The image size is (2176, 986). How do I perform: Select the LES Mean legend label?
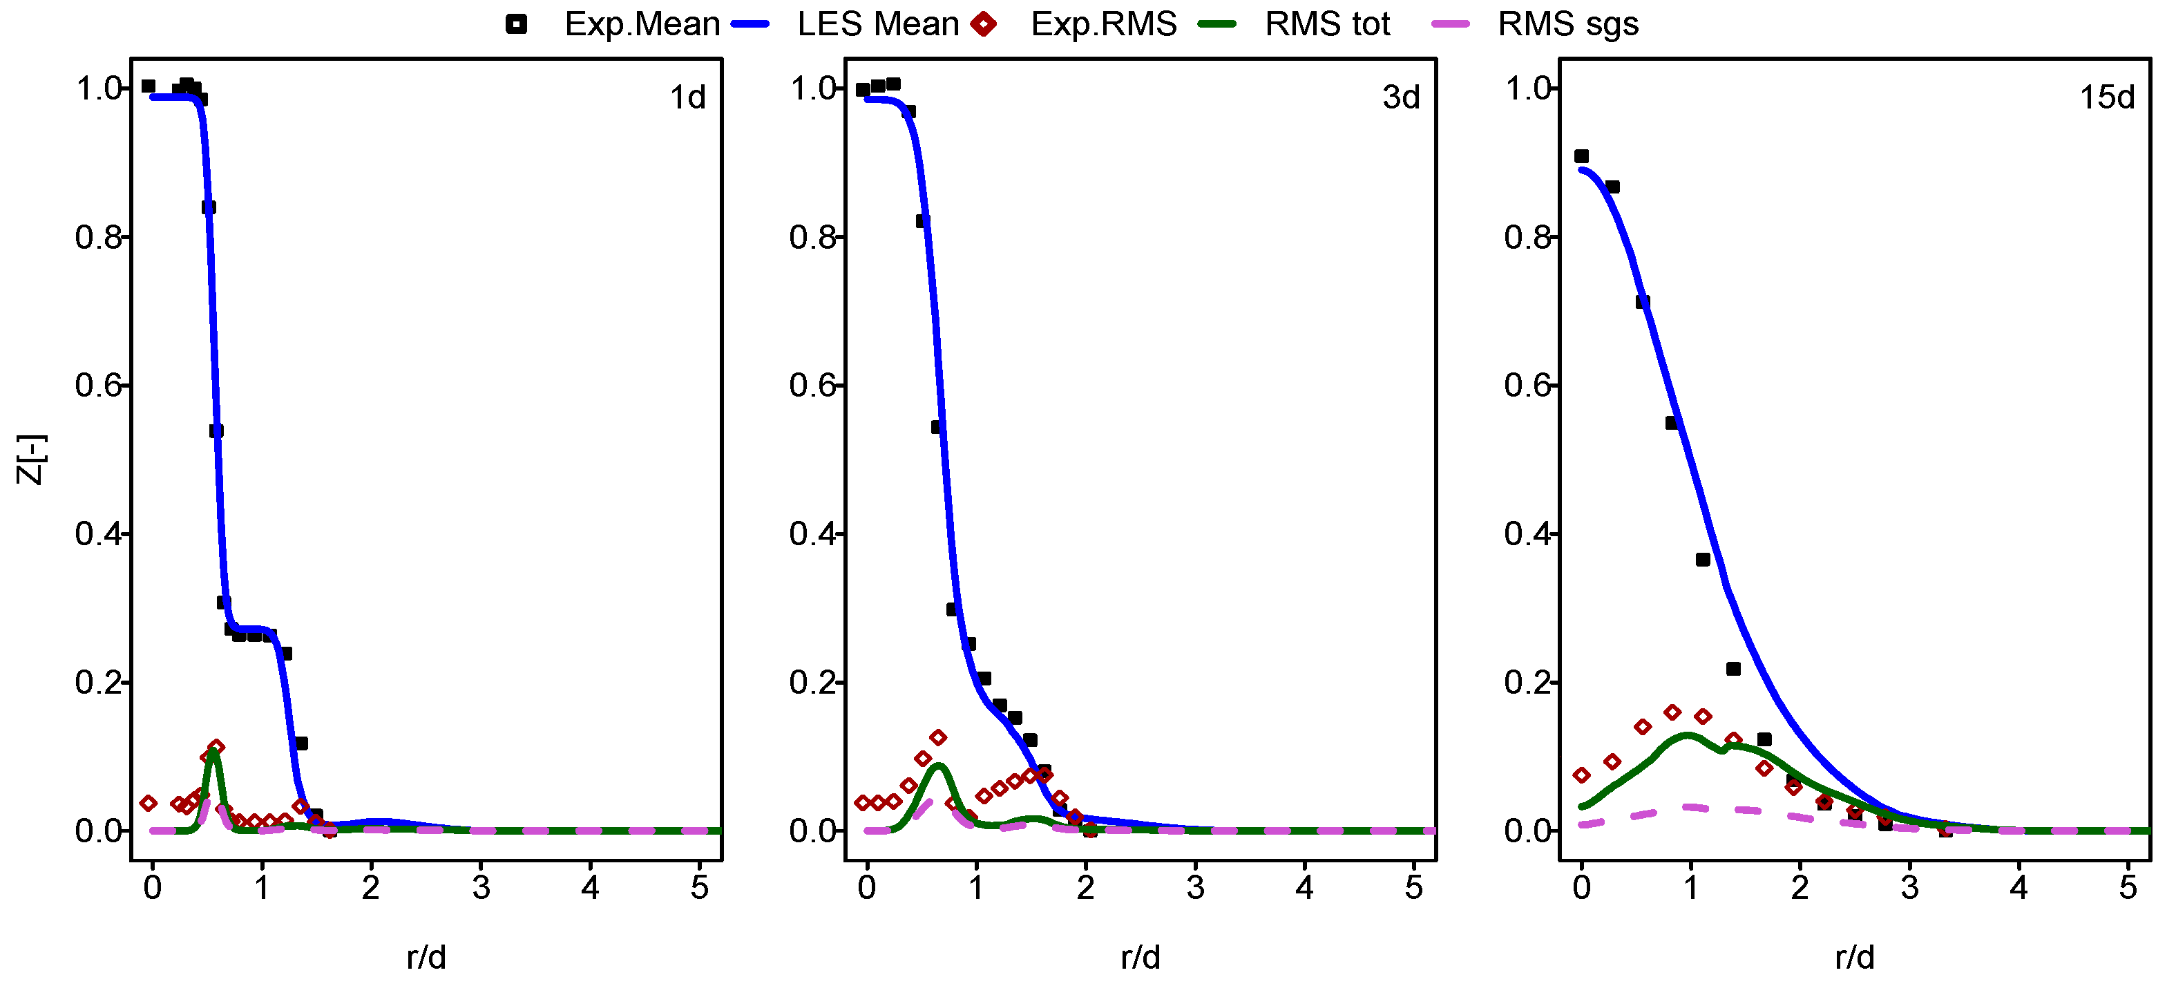pyautogui.click(x=878, y=24)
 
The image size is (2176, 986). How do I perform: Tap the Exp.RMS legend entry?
pyautogui.click(x=1103, y=24)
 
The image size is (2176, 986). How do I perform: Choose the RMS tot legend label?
pyautogui.click(x=1327, y=24)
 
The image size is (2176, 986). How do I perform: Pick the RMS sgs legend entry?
pyautogui.click(x=1568, y=24)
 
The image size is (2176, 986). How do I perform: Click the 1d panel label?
pyautogui.click(x=687, y=98)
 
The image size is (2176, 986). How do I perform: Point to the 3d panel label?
pyautogui.click(x=1400, y=98)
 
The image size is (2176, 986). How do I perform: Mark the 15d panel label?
pyautogui.click(x=2107, y=98)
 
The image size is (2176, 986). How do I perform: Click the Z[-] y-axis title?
pyautogui.click(x=31, y=459)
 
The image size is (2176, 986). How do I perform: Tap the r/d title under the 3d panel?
pyautogui.click(x=1141, y=957)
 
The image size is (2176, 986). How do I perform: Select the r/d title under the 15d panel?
pyautogui.click(x=1855, y=957)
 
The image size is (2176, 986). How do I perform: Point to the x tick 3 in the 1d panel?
pyautogui.click(x=481, y=887)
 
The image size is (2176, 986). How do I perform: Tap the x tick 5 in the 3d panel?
pyautogui.click(x=1414, y=887)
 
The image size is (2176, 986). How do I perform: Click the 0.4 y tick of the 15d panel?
pyautogui.click(x=1527, y=534)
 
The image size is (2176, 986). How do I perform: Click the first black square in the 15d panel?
pyautogui.click(x=1581, y=156)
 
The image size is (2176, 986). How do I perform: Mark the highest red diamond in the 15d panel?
pyautogui.click(x=1672, y=712)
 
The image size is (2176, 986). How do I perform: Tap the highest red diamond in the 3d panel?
pyautogui.click(x=937, y=737)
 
